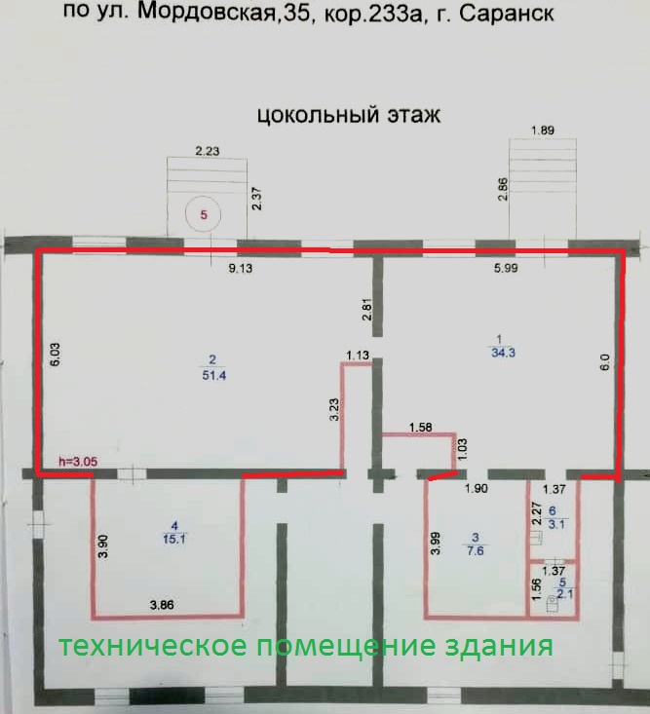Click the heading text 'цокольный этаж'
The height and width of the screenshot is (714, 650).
point(349,115)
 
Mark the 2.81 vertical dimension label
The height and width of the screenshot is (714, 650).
point(365,310)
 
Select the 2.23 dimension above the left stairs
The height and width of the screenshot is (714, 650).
point(208,151)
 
